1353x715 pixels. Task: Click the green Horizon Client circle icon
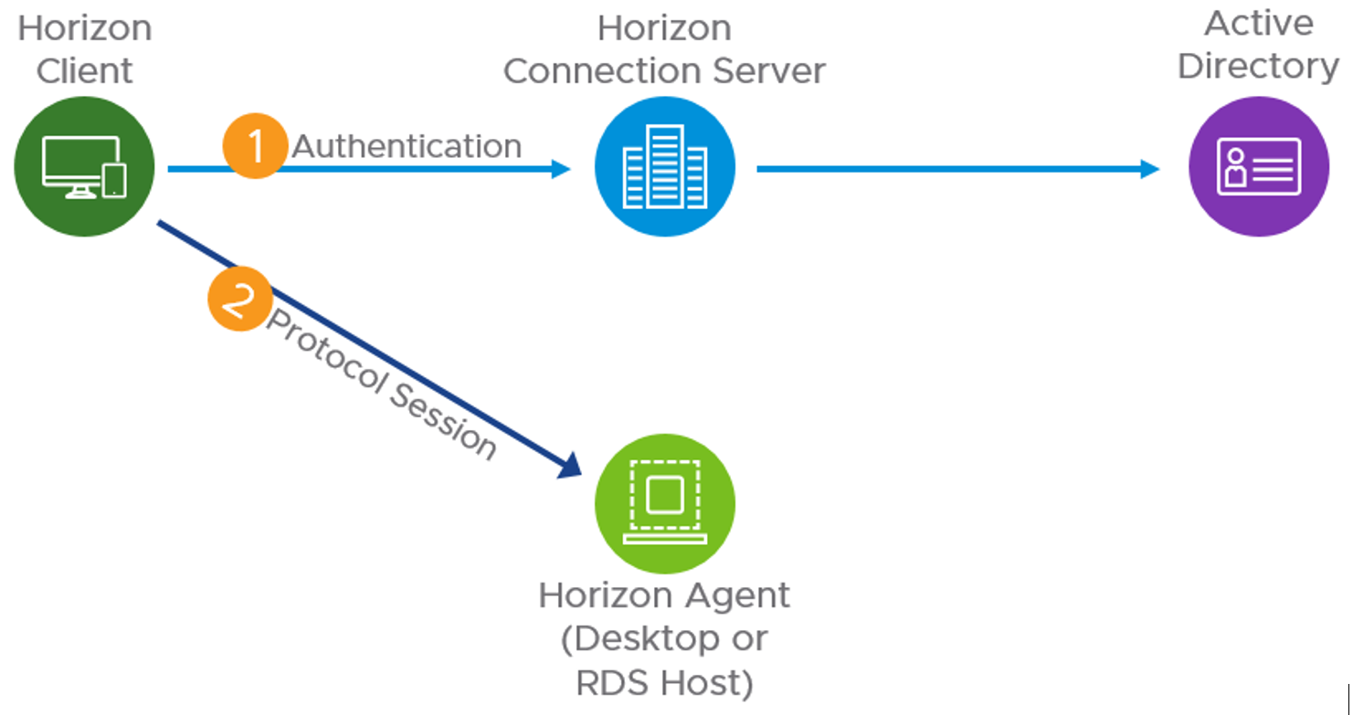tap(85, 167)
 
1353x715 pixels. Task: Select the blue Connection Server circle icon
tap(665, 167)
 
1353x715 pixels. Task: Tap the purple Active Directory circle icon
tap(1259, 167)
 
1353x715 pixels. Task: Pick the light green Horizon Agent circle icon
tap(665, 501)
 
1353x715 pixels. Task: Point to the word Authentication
tap(407, 146)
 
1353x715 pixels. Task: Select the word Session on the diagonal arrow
tap(444, 417)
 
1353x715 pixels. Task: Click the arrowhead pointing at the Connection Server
tap(559, 168)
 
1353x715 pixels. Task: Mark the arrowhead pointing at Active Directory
tap(1149, 168)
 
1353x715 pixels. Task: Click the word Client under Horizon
tap(85, 70)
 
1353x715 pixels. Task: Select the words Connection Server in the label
tap(665, 71)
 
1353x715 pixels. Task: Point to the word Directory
tap(1259, 67)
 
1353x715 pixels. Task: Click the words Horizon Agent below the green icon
tap(664, 595)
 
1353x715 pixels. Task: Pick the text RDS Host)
tap(664, 682)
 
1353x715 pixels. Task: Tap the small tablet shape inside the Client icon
tap(114, 181)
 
